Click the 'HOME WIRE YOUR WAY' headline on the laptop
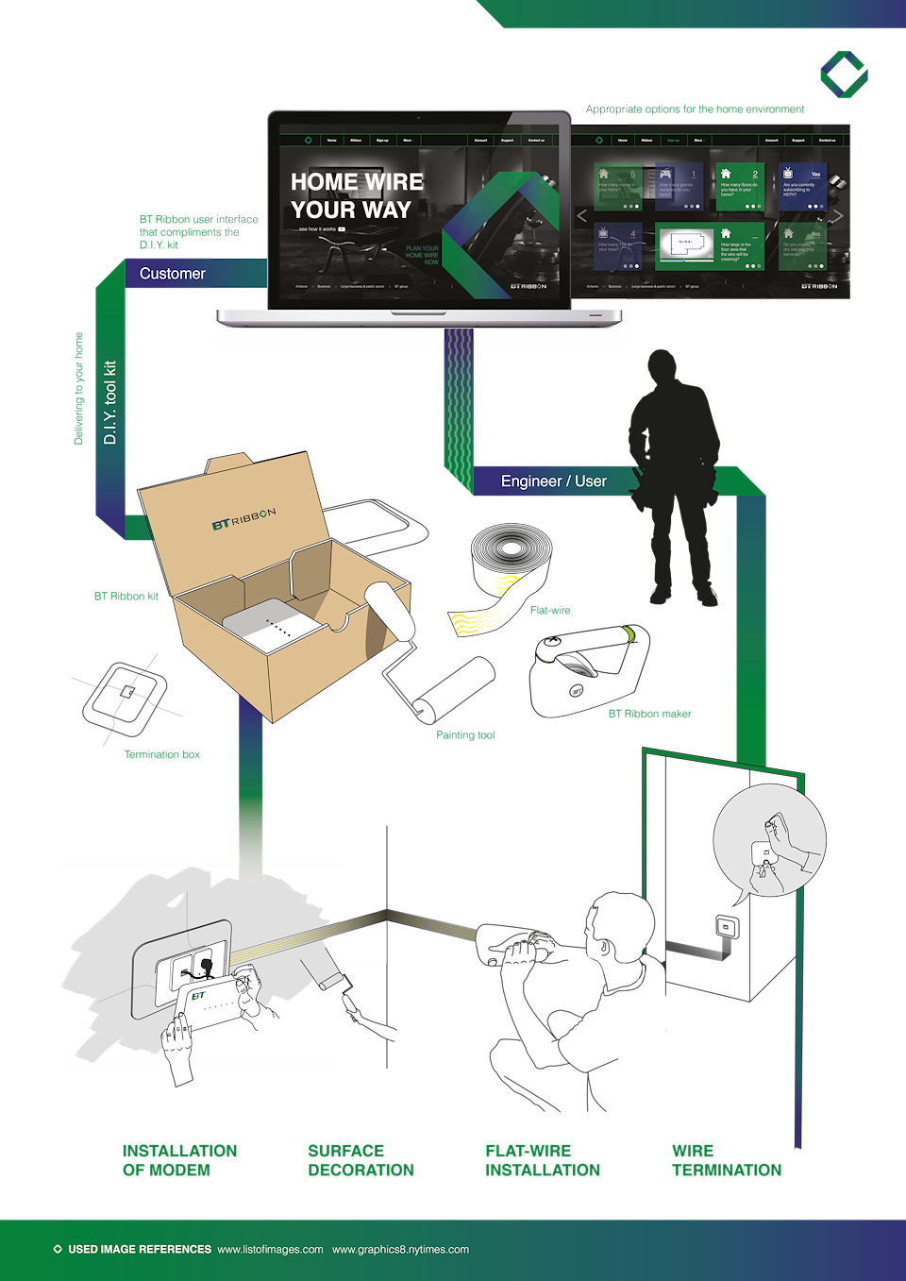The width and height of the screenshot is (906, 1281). pyautogui.click(x=357, y=195)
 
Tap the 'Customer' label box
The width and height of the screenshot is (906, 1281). pyautogui.click(x=173, y=274)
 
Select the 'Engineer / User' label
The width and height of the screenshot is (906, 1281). pyautogui.click(x=553, y=481)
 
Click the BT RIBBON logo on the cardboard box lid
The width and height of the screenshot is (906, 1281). pyautogui.click(x=243, y=518)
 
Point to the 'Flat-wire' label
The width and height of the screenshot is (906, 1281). pyautogui.click(x=550, y=611)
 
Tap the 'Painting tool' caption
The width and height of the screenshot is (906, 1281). pyautogui.click(x=465, y=735)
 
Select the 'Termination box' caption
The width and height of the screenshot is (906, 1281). pyautogui.click(x=162, y=754)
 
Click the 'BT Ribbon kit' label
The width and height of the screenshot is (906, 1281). pyautogui.click(x=126, y=597)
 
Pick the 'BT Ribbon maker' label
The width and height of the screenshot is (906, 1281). pyautogui.click(x=649, y=714)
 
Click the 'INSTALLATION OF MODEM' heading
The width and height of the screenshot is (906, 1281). pyautogui.click(x=179, y=1160)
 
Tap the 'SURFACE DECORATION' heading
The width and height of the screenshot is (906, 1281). pyautogui.click(x=361, y=1160)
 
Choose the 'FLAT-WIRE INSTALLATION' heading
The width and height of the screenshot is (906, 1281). pyautogui.click(x=543, y=1160)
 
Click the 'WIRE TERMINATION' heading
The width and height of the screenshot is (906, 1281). pyautogui.click(x=727, y=1160)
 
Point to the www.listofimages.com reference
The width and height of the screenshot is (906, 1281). pyautogui.click(x=270, y=1250)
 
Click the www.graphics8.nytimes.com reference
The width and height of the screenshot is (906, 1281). pyautogui.click(x=400, y=1250)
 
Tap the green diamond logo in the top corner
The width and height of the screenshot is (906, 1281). pyautogui.click(x=844, y=75)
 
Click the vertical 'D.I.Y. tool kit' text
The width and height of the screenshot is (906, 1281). pyautogui.click(x=110, y=402)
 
